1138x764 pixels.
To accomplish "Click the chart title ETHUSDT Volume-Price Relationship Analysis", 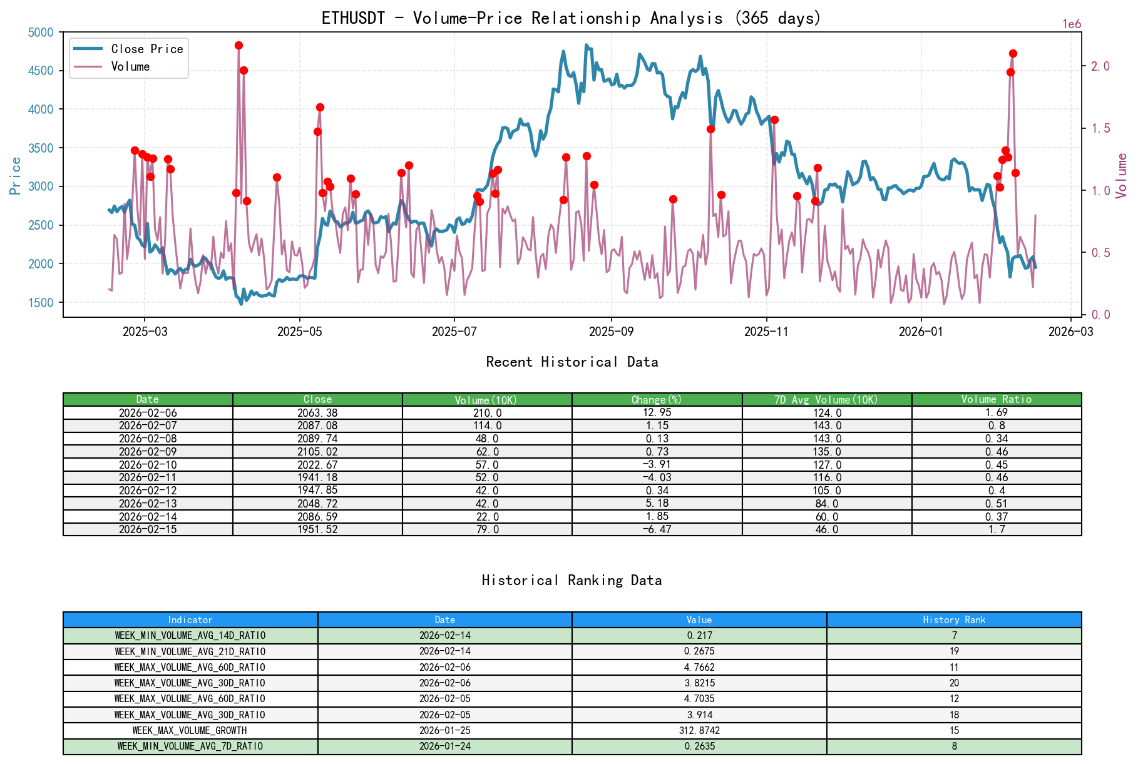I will [x=571, y=18].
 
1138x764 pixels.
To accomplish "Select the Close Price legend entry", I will [x=146, y=49].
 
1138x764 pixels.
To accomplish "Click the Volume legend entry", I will [x=130, y=66].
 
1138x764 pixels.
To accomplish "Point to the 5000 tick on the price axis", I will [x=41, y=33].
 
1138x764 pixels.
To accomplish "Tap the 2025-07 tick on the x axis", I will [x=454, y=332].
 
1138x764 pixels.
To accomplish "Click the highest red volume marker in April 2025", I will [x=238, y=46].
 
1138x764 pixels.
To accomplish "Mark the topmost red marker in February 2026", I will [x=1013, y=54].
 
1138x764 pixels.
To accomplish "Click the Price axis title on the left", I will [x=16, y=176].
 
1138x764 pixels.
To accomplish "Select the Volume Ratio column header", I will [x=996, y=399].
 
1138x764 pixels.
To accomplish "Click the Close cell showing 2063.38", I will [x=317, y=413].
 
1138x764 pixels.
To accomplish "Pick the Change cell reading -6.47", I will [x=657, y=529].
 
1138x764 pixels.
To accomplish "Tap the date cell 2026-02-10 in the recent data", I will [x=148, y=464].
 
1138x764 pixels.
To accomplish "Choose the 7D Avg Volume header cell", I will [x=826, y=399].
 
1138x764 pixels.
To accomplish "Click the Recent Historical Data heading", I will [x=572, y=362].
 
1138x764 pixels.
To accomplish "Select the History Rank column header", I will [x=953, y=619].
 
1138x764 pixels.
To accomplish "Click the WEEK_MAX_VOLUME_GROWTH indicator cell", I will [x=190, y=730].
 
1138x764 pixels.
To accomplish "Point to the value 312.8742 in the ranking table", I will [x=699, y=730].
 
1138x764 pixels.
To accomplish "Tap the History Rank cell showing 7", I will [x=954, y=635].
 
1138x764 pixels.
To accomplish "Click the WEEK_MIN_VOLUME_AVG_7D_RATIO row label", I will [x=190, y=746].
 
